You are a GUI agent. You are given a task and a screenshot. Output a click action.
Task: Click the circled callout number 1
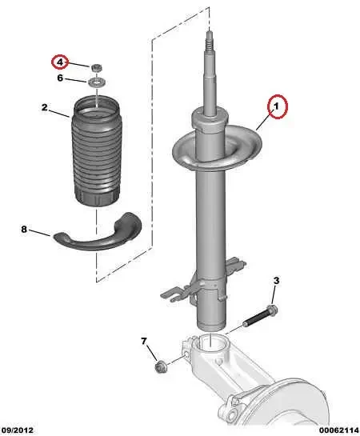point(276,105)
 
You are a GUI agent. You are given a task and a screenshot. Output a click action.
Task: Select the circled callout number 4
point(59,62)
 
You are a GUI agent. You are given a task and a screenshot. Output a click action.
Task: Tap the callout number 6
point(59,78)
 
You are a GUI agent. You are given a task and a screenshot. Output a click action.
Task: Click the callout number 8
point(24,230)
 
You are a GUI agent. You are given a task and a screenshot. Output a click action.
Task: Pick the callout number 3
point(276,280)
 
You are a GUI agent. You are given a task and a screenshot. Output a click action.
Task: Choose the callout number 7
point(145,342)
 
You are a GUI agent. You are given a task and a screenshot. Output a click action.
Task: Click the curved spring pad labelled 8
point(97,232)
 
